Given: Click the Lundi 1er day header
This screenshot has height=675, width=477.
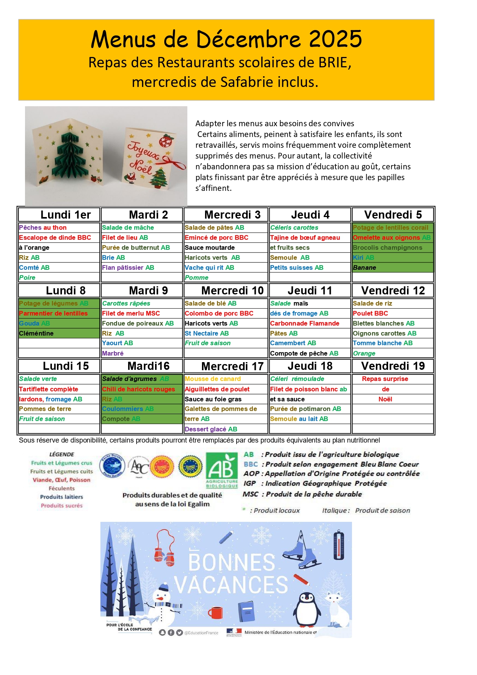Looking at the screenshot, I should (65, 215).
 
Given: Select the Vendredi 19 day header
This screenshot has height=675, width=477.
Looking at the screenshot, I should (393, 366).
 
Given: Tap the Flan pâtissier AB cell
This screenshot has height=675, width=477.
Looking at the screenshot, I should (128, 267).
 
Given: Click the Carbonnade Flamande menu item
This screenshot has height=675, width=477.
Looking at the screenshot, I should (305, 323).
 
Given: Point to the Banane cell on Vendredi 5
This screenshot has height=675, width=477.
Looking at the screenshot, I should (365, 267).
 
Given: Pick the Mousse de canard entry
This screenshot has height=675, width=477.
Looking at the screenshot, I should (213, 379).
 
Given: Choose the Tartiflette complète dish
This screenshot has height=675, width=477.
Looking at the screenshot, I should (48, 389).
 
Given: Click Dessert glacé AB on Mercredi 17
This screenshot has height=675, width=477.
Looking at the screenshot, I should (211, 429).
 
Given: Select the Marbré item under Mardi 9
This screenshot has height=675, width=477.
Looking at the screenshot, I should (113, 353).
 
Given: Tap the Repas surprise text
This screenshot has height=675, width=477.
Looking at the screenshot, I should (385, 379).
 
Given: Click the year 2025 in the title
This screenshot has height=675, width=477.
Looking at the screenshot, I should (335, 39).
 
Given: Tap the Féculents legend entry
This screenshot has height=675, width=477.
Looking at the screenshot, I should (62, 488).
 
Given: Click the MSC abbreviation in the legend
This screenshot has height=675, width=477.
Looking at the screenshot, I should (250, 494).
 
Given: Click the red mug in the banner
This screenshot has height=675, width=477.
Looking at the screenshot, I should (216, 612).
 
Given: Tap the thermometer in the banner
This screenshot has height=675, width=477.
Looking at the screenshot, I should (339, 545).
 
